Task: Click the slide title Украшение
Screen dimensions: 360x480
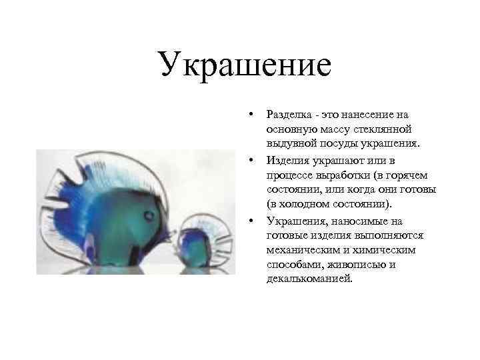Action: (x=245, y=66)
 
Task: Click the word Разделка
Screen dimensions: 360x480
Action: (x=287, y=115)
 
